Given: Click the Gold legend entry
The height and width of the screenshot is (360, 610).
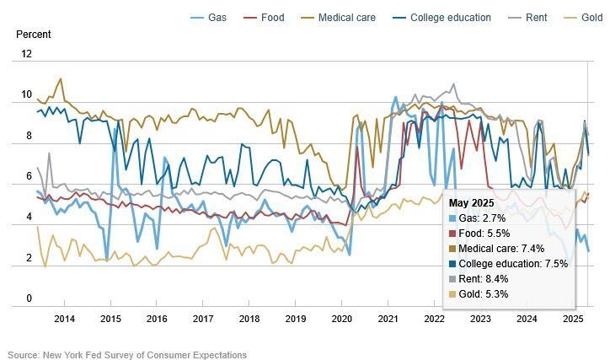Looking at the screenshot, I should [x=583, y=17].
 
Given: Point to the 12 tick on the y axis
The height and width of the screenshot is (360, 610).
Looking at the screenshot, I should [x=26, y=54].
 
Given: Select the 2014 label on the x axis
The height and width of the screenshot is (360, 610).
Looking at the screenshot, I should [x=64, y=319].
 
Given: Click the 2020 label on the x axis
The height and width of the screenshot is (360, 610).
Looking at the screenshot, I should [x=341, y=319].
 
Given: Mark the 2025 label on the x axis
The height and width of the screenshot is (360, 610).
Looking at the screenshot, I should [x=573, y=319].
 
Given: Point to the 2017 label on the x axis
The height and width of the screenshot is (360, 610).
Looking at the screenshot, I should [x=203, y=319].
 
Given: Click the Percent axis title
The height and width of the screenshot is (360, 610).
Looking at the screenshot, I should [x=34, y=35].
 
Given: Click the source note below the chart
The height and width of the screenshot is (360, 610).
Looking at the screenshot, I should [x=127, y=355].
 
